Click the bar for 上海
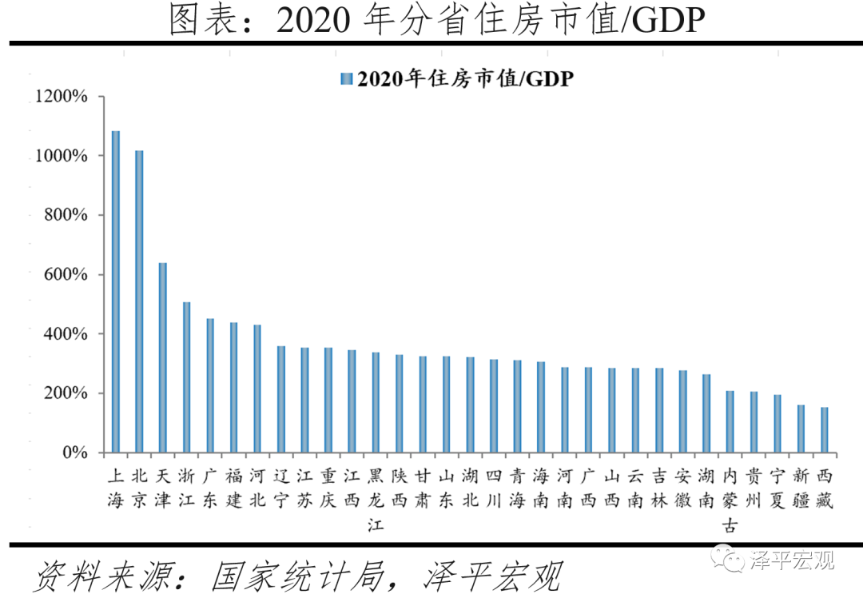[x=116, y=292]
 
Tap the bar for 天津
[x=163, y=357]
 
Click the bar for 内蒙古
[x=730, y=421]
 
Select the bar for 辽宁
[x=281, y=399]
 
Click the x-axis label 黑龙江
[x=376, y=500]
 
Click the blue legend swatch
[x=346, y=78]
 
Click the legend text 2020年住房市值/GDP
[x=465, y=78]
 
